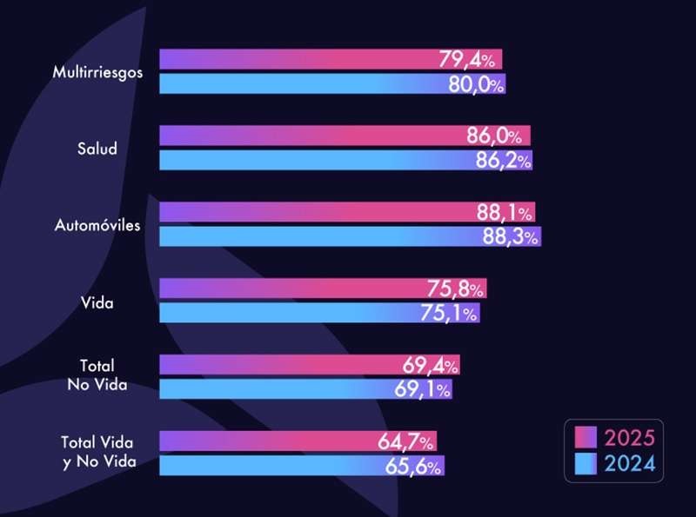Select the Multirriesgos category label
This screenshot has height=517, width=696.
[x=97, y=72]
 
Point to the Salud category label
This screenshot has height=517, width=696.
[x=97, y=149]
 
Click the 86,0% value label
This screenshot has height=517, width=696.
[x=494, y=136]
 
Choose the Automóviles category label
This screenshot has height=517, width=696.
[x=97, y=225]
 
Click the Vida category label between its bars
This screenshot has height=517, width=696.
[x=97, y=302]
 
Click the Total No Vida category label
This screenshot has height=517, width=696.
[x=97, y=375]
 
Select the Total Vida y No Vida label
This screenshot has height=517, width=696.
[x=97, y=452]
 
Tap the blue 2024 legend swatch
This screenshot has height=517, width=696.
[x=584, y=465]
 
